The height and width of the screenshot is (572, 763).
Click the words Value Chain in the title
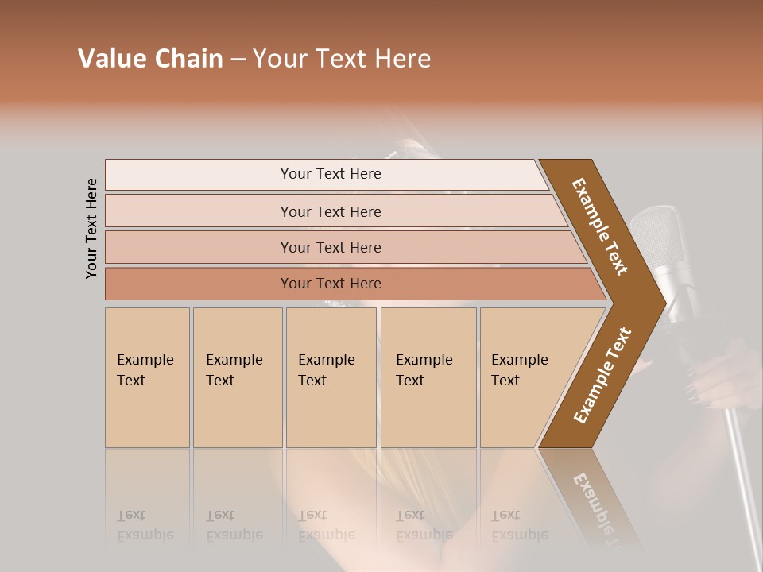coord(150,59)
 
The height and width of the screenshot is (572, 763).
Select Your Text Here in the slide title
coord(342,59)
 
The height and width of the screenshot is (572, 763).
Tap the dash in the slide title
coord(238,60)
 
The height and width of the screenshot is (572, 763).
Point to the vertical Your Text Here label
coord(91,228)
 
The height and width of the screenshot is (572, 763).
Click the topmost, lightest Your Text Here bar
coord(330,174)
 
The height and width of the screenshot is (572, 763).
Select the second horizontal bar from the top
coord(330,211)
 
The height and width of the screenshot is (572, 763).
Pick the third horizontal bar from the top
coord(330,247)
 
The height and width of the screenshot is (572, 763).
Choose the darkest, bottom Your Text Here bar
coord(330,284)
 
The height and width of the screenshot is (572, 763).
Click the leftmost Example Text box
coord(147,377)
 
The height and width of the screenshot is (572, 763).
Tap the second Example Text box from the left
coord(237,377)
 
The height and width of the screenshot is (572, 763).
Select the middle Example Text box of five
coord(331,377)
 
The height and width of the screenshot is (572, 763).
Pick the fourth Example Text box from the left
coord(428,377)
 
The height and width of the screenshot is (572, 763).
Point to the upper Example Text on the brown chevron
coord(600,226)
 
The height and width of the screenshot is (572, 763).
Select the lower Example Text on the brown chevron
coord(602,375)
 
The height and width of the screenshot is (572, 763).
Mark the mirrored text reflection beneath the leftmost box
coord(145,526)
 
